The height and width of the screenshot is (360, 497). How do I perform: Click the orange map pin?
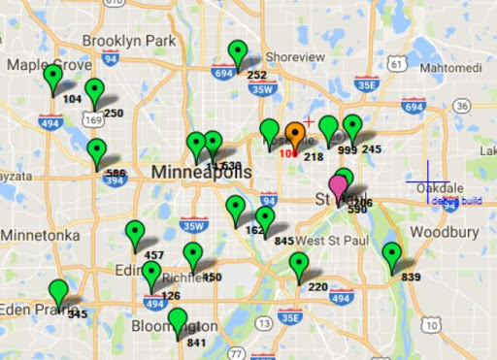296,133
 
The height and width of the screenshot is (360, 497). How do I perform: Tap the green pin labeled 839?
391,254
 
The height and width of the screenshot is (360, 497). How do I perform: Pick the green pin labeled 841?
177,319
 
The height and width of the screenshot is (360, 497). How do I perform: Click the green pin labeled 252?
238,52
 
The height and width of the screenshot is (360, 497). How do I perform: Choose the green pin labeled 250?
94,91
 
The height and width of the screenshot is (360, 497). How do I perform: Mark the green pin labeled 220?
299,264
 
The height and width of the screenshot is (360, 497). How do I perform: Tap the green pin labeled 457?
135,233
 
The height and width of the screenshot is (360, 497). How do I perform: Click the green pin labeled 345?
59,291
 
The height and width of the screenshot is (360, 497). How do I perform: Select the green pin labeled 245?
352,127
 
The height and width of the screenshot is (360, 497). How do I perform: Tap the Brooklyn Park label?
128,41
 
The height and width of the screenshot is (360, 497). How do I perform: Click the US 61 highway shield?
395,64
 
